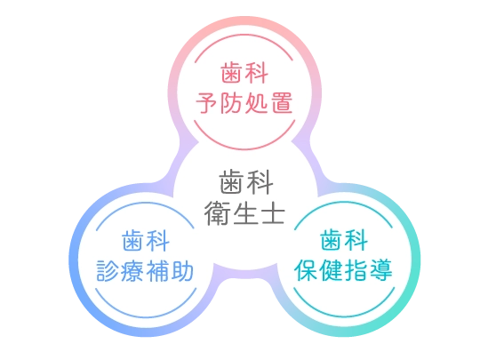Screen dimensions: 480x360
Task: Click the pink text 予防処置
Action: pos(244,102)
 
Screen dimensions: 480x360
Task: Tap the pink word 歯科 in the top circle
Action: pos(244,73)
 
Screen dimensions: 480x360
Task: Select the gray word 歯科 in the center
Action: pos(246,182)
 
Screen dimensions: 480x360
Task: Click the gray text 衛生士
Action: pos(244,213)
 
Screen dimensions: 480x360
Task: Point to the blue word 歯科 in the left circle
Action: pos(146,241)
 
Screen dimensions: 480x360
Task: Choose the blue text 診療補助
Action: pos(145,270)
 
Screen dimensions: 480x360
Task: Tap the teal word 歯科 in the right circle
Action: pos(344,240)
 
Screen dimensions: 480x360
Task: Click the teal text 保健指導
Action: pos(343,269)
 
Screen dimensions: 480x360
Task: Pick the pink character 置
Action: pos(282,102)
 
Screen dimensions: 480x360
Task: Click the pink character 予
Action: pos(207,103)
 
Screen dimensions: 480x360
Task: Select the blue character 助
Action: pos(182,270)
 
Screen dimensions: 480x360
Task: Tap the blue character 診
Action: pos(108,271)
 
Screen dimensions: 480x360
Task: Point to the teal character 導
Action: pos(381,269)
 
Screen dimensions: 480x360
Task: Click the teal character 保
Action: pos(306,270)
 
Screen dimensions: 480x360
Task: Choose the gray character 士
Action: pos(273,214)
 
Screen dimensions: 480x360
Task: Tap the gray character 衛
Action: pos(217,213)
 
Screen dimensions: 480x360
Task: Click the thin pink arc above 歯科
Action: pos(244,35)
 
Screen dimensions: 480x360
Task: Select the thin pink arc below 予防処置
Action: pos(244,149)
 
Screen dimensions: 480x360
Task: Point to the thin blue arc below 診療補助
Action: pos(146,317)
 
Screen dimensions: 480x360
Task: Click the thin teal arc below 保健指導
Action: pos(344,316)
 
